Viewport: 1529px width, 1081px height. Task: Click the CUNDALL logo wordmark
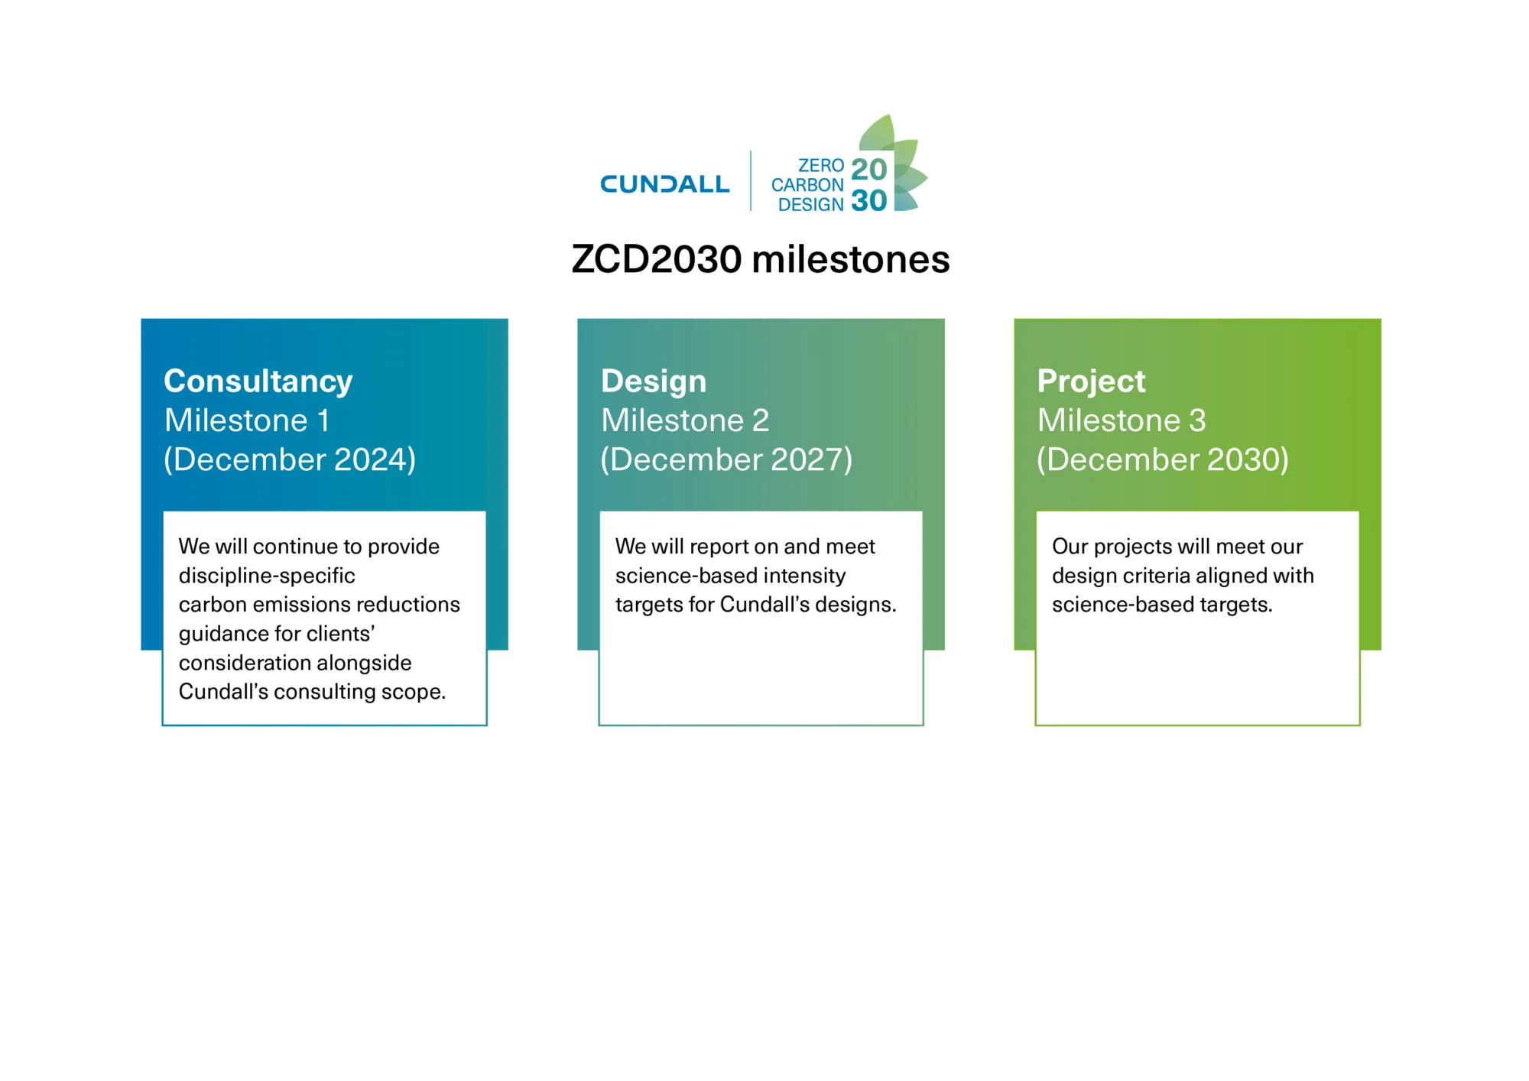664,184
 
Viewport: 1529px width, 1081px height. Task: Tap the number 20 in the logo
868,169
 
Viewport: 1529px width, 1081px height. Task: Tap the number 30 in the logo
868,201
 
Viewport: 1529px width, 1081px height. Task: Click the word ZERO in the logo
821,166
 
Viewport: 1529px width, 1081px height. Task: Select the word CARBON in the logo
807,185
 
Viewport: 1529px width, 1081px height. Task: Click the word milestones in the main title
851,259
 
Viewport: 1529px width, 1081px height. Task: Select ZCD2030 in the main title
657,259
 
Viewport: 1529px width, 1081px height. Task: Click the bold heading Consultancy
258,381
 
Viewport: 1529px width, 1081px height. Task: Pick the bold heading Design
654,381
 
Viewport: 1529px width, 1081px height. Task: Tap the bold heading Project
1091,381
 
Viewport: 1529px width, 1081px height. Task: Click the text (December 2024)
290,459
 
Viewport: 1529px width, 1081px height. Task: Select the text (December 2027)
726,459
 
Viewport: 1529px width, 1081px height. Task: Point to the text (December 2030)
1163,459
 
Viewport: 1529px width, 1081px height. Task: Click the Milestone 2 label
685,420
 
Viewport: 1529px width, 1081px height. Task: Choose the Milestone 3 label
1122,420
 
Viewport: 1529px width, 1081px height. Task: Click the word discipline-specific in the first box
267,576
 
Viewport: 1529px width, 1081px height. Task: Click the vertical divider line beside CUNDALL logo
751,180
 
